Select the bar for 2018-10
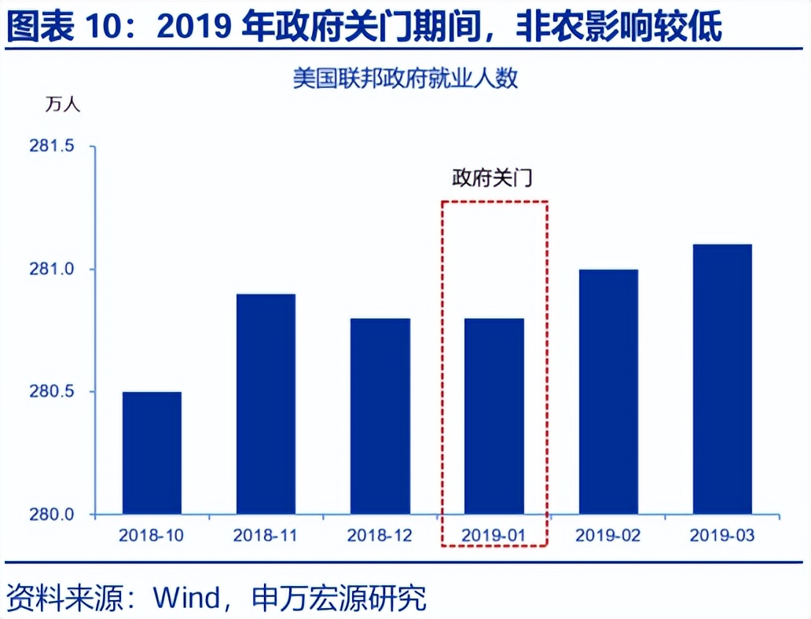pyautogui.click(x=152, y=453)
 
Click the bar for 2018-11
pyautogui.click(x=266, y=405)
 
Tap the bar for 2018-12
pyautogui.click(x=380, y=416)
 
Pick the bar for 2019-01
pyautogui.click(x=494, y=416)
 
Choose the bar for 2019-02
pyautogui.click(x=607, y=392)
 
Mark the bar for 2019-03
pyautogui.click(x=722, y=379)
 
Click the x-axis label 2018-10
pyautogui.click(x=152, y=536)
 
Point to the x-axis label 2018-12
pyautogui.click(x=380, y=536)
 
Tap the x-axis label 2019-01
pyautogui.click(x=494, y=536)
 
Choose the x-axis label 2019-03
pyautogui.click(x=722, y=536)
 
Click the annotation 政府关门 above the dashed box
pyautogui.click(x=492, y=178)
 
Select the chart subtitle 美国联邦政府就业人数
pyautogui.click(x=405, y=79)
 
